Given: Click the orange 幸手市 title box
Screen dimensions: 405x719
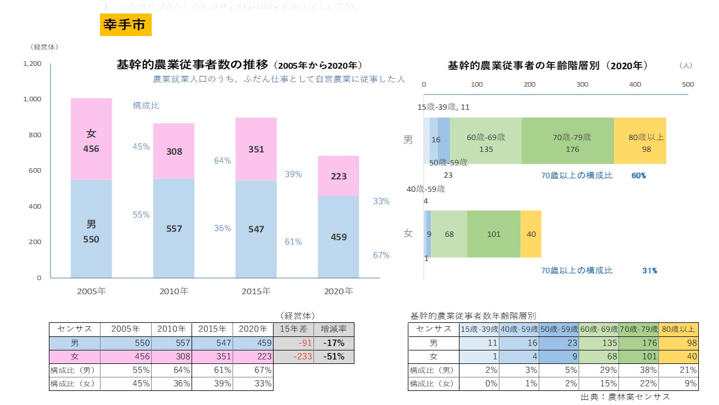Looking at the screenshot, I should pyautogui.click(x=125, y=25).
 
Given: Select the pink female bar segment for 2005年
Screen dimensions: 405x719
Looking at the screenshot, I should pyautogui.click(x=91, y=139).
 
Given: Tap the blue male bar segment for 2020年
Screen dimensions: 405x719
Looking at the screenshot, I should pyautogui.click(x=339, y=237).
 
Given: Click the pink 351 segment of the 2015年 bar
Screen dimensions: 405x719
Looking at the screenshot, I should pyautogui.click(x=256, y=149).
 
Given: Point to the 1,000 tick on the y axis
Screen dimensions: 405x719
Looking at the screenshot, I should pyautogui.click(x=32, y=99).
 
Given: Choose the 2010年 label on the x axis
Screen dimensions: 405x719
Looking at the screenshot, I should pyautogui.click(x=174, y=291).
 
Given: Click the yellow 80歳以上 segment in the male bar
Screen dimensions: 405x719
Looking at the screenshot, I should pyautogui.click(x=640, y=141).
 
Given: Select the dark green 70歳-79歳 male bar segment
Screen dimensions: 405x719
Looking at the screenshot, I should pyautogui.click(x=567, y=141).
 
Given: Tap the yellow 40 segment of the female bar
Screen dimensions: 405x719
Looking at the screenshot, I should pyautogui.click(x=531, y=234).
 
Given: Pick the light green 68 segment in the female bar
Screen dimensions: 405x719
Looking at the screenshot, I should pyautogui.click(x=449, y=234).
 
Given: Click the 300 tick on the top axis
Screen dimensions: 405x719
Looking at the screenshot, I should pyautogui.click(x=583, y=84).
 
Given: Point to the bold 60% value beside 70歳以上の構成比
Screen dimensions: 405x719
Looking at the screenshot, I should pyautogui.click(x=639, y=175).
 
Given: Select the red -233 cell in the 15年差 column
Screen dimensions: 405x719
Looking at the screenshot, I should pyautogui.click(x=294, y=357).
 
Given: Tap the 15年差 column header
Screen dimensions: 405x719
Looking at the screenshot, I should pyautogui.click(x=294, y=329).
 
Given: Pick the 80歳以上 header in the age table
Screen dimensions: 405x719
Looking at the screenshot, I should pyautogui.click(x=679, y=329).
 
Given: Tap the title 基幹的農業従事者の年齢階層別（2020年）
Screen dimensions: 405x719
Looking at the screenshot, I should pyautogui.click(x=548, y=65).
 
